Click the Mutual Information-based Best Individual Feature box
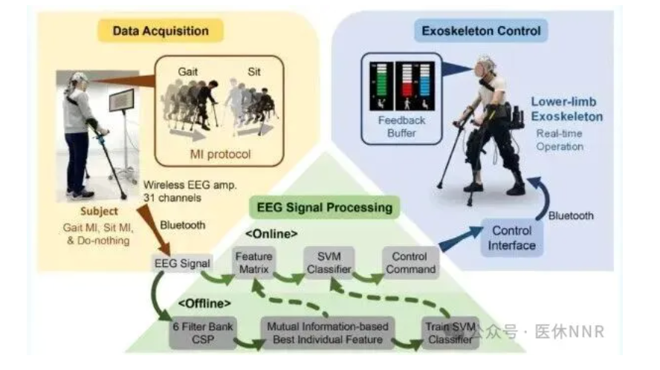(319, 334)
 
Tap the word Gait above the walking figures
(188, 72)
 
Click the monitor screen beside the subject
(121, 100)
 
